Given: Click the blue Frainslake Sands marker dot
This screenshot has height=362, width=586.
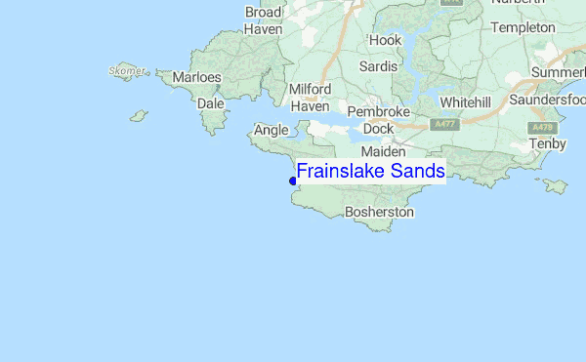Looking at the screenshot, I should click(293, 181).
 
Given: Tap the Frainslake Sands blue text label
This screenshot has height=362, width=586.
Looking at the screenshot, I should click(371, 172).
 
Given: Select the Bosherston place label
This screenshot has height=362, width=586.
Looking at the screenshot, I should click(380, 212).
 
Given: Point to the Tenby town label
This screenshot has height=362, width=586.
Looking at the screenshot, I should click(547, 143).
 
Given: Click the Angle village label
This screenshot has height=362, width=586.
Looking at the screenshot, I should click(272, 130).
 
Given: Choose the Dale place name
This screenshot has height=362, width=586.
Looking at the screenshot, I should click(210, 102).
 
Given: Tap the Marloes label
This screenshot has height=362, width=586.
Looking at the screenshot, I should click(196, 77).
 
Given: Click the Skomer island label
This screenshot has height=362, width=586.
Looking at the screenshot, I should click(128, 71).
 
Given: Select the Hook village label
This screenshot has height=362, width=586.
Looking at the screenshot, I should click(385, 40).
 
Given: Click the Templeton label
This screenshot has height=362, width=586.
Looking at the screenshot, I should click(523, 27).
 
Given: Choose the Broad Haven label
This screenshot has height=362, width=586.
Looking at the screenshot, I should click(264, 20).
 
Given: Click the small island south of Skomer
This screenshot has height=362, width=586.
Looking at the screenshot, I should click(139, 115).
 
